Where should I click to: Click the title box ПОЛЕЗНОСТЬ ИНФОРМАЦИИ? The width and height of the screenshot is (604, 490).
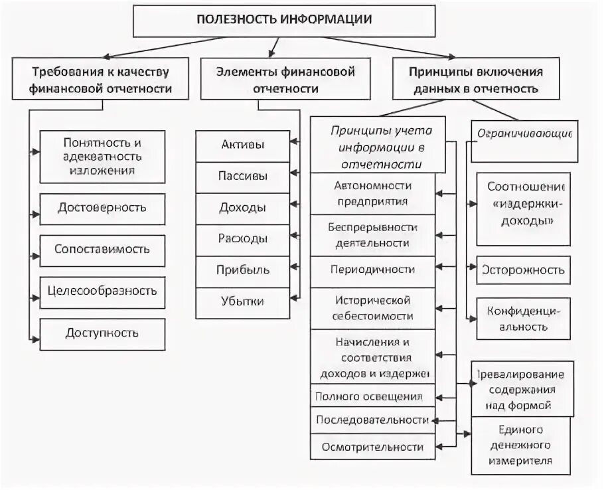coord(283,19)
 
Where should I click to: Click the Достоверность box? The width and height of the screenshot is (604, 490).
coord(102,208)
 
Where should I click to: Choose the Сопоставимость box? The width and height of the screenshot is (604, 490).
coord(102,250)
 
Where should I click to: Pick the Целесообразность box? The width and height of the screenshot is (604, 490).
coord(102,290)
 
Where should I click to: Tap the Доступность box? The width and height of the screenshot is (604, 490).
coord(102,333)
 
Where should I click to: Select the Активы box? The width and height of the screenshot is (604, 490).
coord(242,145)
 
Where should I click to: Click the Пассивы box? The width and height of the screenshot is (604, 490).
coord(242,176)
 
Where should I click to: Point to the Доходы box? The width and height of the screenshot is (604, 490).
coord(242,207)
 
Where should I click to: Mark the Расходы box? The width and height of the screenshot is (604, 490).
coord(242,238)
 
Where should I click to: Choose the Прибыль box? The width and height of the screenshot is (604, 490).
coord(242,269)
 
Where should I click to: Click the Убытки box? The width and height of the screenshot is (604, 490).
coord(242,301)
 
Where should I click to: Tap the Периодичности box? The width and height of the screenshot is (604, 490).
coord(372,270)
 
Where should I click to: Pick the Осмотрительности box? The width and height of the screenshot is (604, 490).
coord(372,447)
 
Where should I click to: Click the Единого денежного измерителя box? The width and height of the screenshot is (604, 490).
coord(521,446)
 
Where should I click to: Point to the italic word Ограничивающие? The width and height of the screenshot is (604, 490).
coord(525,133)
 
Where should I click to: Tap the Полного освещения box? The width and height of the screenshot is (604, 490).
coord(369,397)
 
